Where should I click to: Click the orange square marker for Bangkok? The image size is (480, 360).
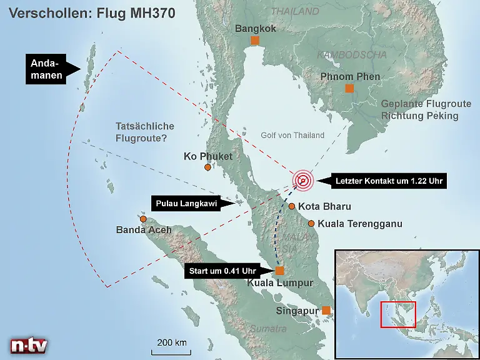click(x=254, y=41)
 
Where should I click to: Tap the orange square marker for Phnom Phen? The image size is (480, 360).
click(x=349, y=88)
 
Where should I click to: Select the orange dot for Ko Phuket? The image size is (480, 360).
click(x=207, y=167)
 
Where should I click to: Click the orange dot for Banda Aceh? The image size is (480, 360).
click(x=143, y=219)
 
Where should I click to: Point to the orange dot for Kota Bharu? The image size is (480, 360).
click(x=291, y=206)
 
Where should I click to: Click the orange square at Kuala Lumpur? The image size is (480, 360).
click(x=279, y=271)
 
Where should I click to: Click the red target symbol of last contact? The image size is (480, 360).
click(x=303, y=181)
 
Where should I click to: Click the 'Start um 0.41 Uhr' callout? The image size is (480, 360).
click(x=223, y=271)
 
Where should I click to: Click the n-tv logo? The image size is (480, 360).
click(x=29, y=344)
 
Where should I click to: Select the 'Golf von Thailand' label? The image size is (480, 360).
click(x=292, y=135)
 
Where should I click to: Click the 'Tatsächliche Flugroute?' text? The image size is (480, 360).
click(x=145, y=132)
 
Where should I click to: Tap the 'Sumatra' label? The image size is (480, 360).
click(x=267, y=329)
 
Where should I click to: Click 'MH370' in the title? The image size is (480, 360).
click(x=149, y=12)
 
